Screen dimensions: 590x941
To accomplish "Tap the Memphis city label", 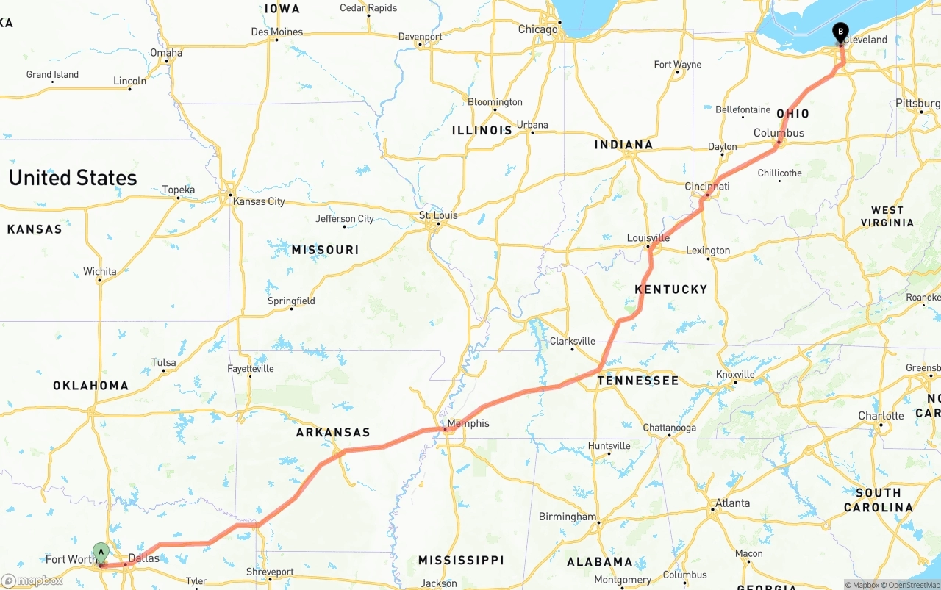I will tap(468, 423).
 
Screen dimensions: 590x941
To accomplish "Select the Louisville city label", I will tap(648, 237).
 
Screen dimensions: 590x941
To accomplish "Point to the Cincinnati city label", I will tap(707, 186).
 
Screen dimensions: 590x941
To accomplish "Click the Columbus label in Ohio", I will tap(779, 133).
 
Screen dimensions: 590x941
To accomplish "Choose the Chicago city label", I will tap(537, 29).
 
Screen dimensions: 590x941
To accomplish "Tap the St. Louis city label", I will tap(438, 215).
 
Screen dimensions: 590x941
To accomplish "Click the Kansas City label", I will tap(259, 201).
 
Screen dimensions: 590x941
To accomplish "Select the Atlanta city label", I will tap(733, 503).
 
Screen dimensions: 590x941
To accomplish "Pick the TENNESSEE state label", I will tap(638, 381).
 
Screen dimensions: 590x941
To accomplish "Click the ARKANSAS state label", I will tap(333, 433).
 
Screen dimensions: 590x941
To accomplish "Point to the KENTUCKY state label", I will tap(670, 289).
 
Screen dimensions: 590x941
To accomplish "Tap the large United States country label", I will tap(73, 178).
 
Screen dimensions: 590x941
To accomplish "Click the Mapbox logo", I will tap(32, 580).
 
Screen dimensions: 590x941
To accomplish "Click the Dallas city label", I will tap(143, 558).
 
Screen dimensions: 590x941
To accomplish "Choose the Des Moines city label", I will tap(276, 32).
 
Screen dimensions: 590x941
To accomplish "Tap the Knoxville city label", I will tap(735, 374).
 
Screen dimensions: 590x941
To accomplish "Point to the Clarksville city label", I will tap(572, 341).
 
